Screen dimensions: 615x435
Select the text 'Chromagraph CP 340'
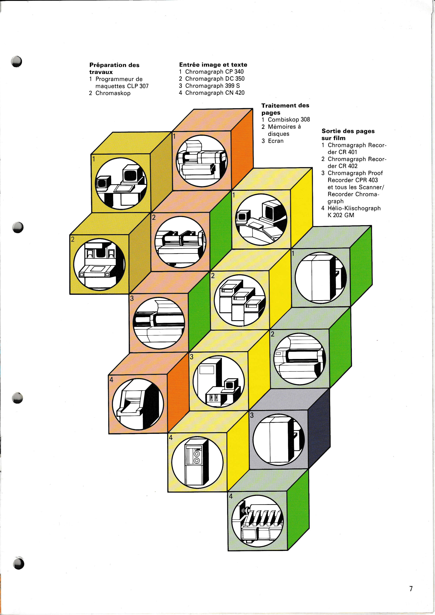[x=214, y=72]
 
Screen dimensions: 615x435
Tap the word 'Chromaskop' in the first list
[x=113, y=93]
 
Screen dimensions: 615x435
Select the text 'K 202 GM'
[x=341, y=215]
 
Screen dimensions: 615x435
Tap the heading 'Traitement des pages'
[x=285, y=109]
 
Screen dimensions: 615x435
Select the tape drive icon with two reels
[x=197, y=463]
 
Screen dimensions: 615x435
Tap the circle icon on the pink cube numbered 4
[x=138, y=404]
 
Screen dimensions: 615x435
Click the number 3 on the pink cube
[x=132, y=298]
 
